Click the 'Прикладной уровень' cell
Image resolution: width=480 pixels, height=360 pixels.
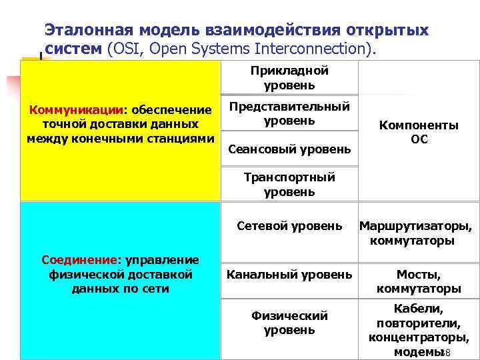(289, 78)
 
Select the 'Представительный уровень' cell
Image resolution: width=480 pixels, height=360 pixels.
(289, 114)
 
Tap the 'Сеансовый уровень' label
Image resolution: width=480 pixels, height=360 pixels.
(289, 149)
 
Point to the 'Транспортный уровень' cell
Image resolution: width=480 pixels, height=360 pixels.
(289, 185)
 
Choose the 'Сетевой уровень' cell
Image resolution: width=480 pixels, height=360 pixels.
(289, 226)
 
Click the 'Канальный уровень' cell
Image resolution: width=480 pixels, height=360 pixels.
(289, 274)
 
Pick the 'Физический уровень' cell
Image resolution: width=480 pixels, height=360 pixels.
(289, 323)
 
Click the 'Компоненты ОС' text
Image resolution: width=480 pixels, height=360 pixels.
(419, 132)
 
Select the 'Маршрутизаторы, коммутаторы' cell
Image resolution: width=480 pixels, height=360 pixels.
(415, 233)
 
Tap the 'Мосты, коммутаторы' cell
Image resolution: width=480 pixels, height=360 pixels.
(419, 281)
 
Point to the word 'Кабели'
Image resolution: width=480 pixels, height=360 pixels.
(418, 309)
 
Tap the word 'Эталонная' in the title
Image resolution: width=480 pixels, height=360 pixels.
(89, 30)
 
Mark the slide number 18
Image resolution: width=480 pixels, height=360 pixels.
(446, 353)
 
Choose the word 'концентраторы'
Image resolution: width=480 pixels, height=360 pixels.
(419, 337)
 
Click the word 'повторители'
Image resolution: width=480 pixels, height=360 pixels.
(418, 323)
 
